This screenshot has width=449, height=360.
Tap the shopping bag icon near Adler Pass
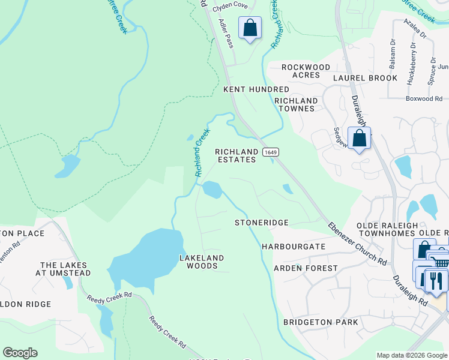(250, 28)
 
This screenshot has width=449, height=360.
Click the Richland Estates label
(237, 156)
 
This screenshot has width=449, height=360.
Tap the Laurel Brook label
(365, 78)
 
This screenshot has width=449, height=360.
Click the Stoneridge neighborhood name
(261, 223)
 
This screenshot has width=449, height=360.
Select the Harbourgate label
(294, 247)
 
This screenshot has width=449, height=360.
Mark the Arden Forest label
(306, 268)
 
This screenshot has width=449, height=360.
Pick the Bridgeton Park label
(321, 322)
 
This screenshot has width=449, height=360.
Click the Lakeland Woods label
(202, 262)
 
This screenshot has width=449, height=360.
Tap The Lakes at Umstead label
(64, 269)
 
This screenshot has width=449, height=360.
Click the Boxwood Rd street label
(423, 98)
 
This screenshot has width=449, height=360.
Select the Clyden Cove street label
(230, 5)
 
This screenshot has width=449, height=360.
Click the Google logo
(20, 353)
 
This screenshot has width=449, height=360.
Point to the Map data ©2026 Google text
(412, 355)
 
